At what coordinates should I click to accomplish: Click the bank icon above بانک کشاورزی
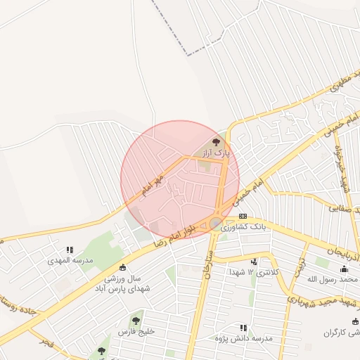[243, 216]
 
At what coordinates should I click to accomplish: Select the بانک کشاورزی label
[243, 226]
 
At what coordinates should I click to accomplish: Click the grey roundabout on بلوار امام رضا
[215, 224]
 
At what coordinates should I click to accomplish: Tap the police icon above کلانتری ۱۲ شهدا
[254, 262]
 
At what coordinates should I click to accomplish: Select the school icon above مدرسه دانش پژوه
[243, 328]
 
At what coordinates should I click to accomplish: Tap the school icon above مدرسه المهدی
[70, 249]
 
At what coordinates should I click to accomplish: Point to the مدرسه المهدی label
[70, 259]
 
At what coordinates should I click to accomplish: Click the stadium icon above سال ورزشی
[123, 267]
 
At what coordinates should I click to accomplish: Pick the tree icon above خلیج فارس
[136, 321]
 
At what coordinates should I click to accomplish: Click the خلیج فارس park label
[136, 331]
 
